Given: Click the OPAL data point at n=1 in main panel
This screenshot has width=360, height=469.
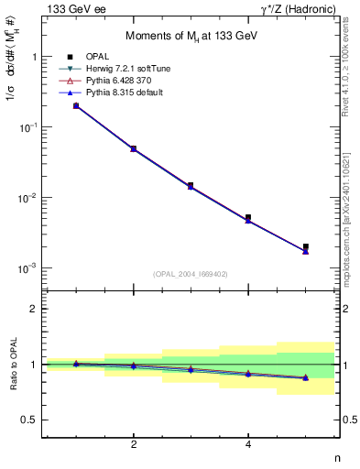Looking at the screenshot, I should (x=76, y=106).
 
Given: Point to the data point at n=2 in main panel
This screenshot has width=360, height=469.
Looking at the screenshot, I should (x=134, y=148).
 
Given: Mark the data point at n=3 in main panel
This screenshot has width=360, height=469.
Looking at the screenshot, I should (x=191, y=185).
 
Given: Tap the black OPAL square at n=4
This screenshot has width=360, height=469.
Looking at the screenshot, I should (x=248, y=218).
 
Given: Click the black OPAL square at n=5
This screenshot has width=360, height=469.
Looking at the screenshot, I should (x=306, y=246).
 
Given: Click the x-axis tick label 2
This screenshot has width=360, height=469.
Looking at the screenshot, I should (x=134, y=444).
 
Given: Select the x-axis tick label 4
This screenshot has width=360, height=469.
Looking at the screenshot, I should (x=248, y=444).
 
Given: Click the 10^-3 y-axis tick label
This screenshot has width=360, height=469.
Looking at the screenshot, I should (x=33, y=268).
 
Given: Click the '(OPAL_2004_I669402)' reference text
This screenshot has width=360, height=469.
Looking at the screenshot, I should (x=191, y=273).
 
